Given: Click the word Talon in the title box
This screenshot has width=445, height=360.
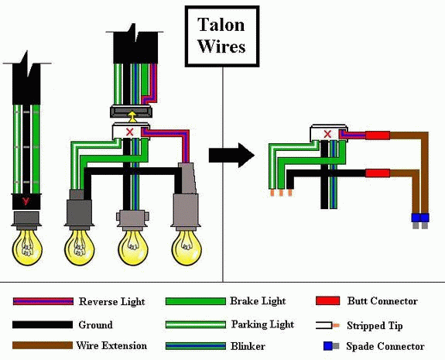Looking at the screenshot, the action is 221,25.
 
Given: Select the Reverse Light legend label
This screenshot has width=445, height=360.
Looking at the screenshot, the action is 111,301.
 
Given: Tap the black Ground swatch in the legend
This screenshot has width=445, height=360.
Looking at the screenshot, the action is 43,324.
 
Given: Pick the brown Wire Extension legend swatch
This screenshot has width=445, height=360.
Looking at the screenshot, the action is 43,345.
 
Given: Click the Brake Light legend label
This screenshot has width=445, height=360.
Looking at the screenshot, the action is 258,301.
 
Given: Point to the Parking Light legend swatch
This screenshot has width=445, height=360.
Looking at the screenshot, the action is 196,324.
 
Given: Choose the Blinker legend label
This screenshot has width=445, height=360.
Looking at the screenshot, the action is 248,346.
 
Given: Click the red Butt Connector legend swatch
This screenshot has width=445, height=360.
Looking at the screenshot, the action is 328,300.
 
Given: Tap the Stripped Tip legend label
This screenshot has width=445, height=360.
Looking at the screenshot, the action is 375,326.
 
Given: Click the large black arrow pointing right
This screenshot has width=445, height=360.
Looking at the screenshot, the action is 231,156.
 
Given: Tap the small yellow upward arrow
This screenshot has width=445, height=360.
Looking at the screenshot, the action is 132,117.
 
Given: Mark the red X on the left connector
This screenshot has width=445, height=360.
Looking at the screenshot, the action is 130,132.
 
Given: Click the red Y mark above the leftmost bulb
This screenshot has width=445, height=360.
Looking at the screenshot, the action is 26,201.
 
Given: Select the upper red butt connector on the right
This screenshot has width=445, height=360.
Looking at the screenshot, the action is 378,135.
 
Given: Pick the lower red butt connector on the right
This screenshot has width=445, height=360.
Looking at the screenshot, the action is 378,173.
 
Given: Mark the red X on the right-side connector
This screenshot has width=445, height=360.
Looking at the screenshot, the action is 327,134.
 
